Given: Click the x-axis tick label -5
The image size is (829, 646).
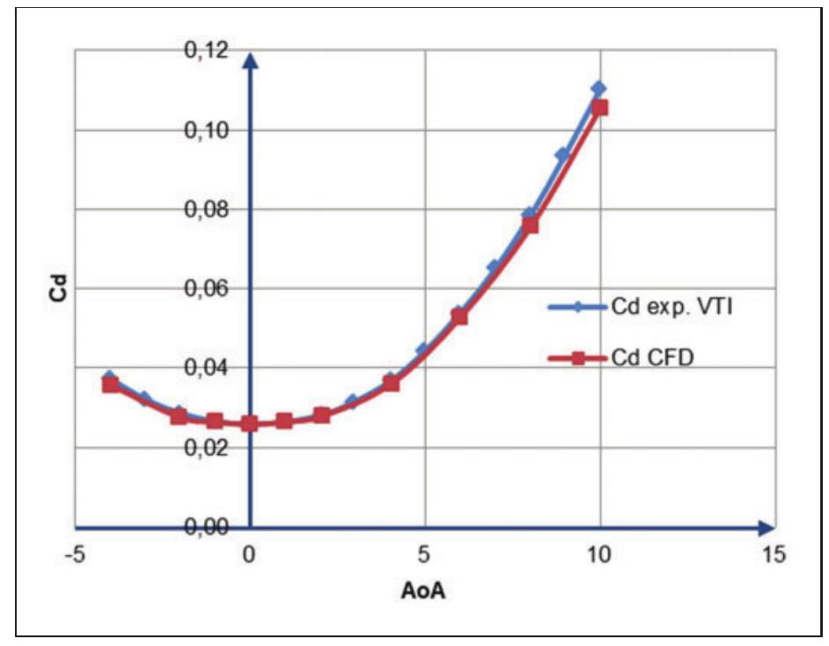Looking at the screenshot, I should click(x=75, y=556).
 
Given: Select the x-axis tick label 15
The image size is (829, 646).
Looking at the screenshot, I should click(x=774, y=556).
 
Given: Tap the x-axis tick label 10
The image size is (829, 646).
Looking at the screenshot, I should click(x=599, y=556).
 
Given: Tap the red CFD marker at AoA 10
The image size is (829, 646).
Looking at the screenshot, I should click(x=600, y=108).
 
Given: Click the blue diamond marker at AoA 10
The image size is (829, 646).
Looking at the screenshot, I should click(x=598, y=88).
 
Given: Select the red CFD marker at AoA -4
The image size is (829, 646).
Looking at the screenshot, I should click(x=110, y=385).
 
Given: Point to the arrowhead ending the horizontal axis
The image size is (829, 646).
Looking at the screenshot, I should click(x=767, y=527).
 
